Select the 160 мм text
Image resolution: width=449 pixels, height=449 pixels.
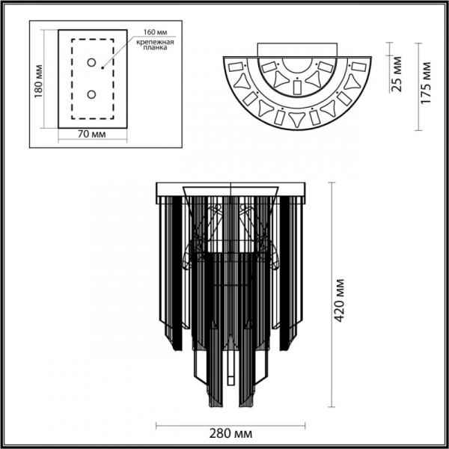point(149,33)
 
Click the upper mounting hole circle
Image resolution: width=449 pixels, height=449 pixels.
point(92,63)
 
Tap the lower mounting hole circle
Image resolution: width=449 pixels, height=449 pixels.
point(92,94)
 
